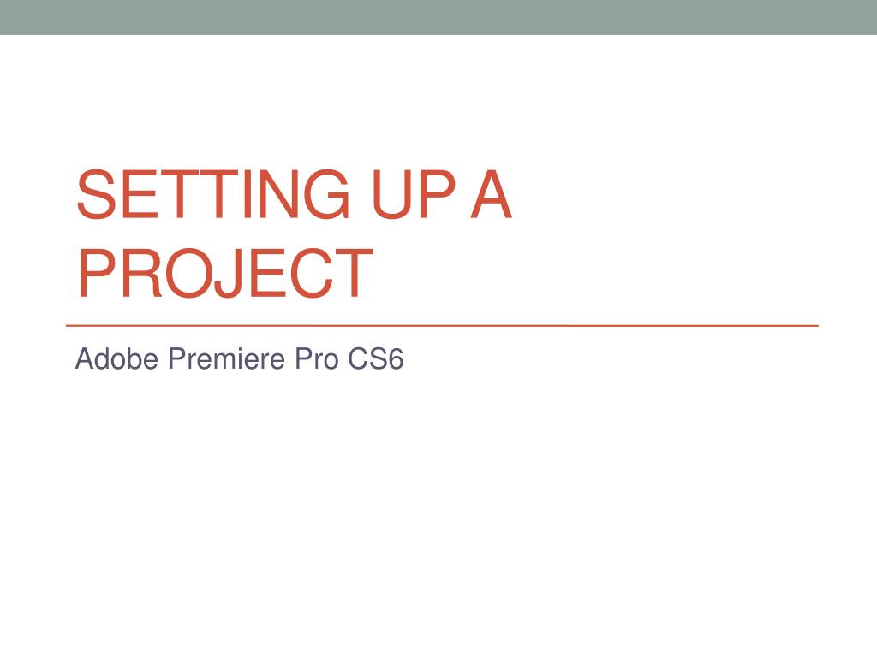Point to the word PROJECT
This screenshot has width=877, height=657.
(x=224, y=274)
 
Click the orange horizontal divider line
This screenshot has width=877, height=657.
(x=442, y=326)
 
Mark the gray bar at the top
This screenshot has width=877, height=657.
(x=438, y=17)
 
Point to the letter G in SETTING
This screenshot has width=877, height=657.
(x=323, y=195)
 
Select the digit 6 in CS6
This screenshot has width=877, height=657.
(x=395, y=359)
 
